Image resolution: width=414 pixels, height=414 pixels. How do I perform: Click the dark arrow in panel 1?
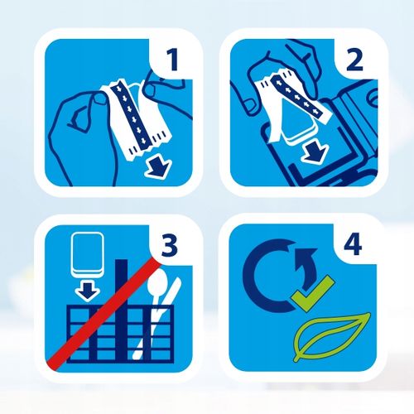pos(156,166)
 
